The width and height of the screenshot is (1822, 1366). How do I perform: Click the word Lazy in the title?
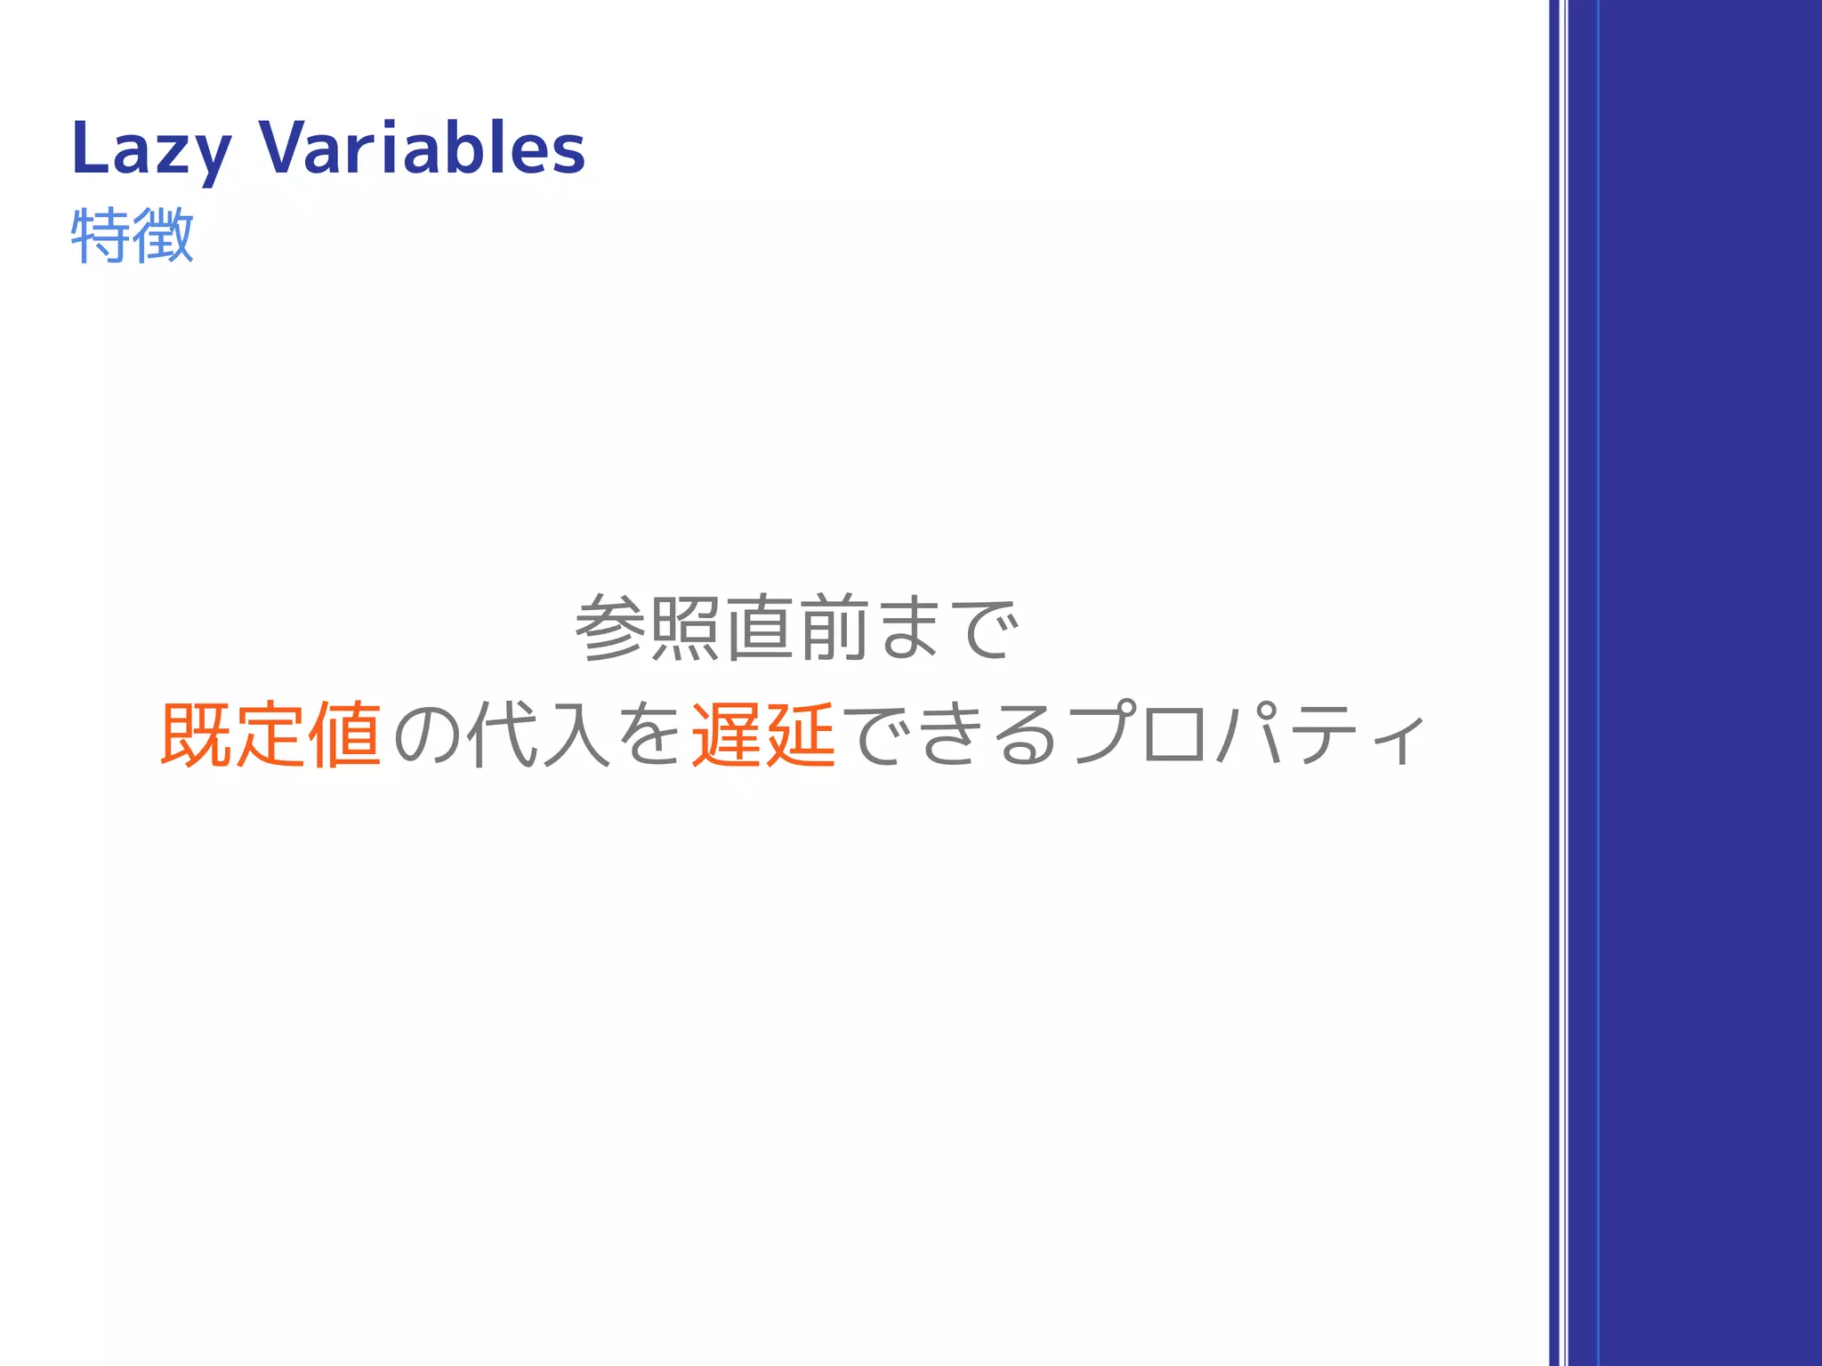pos(151,149)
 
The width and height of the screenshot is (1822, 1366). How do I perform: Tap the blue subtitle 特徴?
pos(132,235)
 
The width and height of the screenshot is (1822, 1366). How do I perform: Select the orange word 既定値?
pos(270,735)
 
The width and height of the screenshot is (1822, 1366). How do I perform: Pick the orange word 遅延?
pos(763,735)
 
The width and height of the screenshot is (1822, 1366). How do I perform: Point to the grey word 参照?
pos(647,628)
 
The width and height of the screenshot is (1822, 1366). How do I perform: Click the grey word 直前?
pos(797,628)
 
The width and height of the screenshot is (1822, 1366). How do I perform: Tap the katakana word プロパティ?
pos(1247,735)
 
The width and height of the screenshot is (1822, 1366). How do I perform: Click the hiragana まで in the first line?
pos(947,628)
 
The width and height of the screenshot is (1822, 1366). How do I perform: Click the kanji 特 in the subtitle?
pos(100,235)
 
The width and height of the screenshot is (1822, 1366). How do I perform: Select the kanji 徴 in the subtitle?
pos(163,235)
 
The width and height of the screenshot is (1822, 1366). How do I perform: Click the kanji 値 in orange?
pos(345,735)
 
